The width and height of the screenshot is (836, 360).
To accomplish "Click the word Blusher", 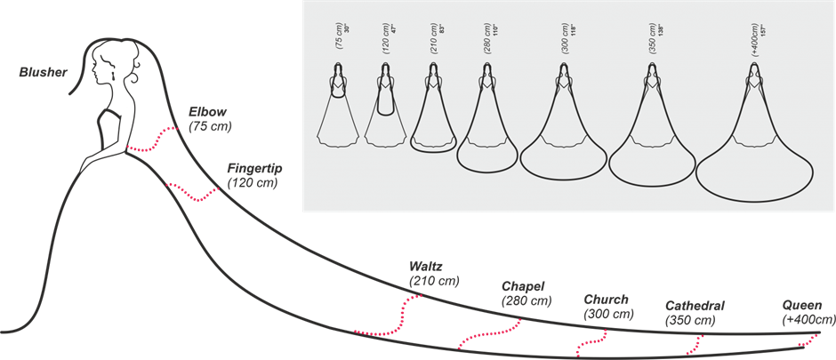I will click(44, 71).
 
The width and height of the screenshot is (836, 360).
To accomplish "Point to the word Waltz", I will click(425, 266).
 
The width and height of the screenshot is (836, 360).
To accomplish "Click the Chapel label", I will click(523, 286).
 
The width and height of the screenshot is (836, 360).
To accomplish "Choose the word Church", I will click(606, 300).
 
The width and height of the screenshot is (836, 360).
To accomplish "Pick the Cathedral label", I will click(695, 306).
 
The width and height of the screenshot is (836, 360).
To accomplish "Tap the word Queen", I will click(803, 306).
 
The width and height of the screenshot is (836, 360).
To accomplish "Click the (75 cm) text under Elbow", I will click(210, 127).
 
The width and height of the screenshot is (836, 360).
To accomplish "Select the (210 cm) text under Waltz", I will click(434, 281).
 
